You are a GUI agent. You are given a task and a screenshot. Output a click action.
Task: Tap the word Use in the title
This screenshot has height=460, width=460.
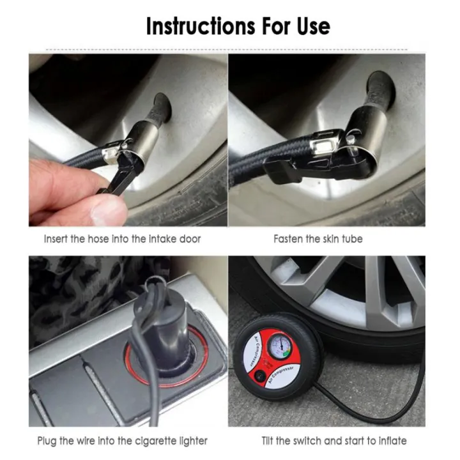(310, 26)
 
